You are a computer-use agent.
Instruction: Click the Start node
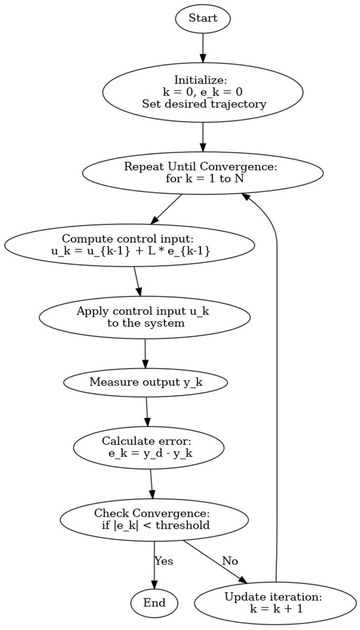[x=203, y=18]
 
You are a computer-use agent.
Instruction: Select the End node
[x=154, y=603]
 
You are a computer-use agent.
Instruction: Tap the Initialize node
[x=203, y=92]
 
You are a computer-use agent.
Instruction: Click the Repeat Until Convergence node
[x=203, y=173]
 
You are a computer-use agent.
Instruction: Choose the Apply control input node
[x=145, y=317]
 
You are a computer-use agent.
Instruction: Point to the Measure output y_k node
[x=145, y=382]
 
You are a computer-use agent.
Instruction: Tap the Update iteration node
[x=273, y=603]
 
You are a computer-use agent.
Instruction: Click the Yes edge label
[x=164, y=561]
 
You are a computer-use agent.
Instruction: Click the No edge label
[x=230, y=561]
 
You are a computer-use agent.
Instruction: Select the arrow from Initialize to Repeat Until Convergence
[x=203, y=137]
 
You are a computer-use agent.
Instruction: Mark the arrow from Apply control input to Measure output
[x=145, y=353]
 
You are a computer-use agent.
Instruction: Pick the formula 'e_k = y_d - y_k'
[x=150, y=453]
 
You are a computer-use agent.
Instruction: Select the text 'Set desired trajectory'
[x=203, y=103]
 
